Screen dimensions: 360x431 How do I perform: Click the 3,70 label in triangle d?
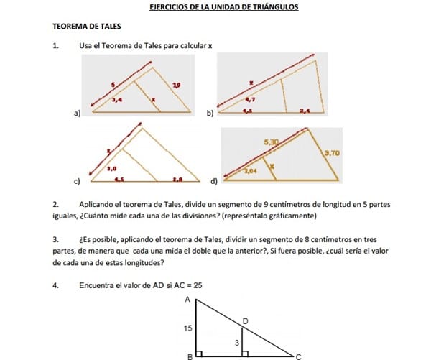331,153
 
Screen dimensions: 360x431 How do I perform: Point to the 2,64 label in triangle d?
251,172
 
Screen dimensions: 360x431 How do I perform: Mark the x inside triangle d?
272,166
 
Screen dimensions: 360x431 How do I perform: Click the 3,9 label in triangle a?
176,86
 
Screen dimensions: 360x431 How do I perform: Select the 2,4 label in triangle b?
305,111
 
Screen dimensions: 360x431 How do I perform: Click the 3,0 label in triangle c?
111,167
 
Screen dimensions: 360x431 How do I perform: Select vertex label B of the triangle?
189,355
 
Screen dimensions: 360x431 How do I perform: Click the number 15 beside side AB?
188,328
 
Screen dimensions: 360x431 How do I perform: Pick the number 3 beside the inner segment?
237,343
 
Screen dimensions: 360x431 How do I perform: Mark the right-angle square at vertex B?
199,353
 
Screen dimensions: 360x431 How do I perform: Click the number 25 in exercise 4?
198,285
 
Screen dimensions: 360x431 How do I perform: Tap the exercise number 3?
55,239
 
